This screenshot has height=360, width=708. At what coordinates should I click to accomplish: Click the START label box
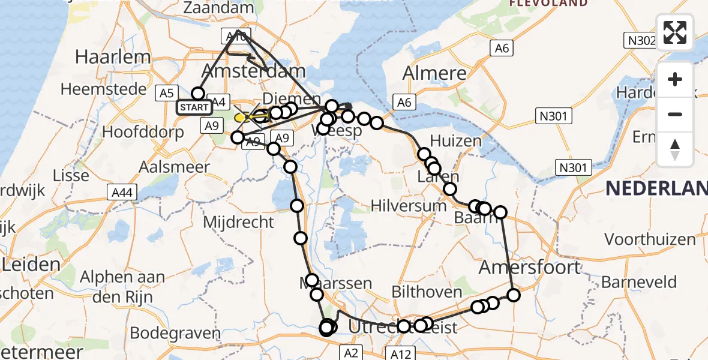tap(194, 107)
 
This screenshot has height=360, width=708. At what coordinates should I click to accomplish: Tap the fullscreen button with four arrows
tap(675, 32)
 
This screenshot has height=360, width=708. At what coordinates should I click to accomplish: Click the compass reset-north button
tap(675, 149)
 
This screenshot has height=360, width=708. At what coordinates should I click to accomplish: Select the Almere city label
tap(434, 73)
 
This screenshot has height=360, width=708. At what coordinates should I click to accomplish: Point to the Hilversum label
tap(408, 206)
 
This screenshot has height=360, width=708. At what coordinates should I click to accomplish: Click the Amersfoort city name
tap(530, 266)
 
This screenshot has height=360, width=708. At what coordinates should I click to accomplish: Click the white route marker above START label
tap(198, 93)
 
